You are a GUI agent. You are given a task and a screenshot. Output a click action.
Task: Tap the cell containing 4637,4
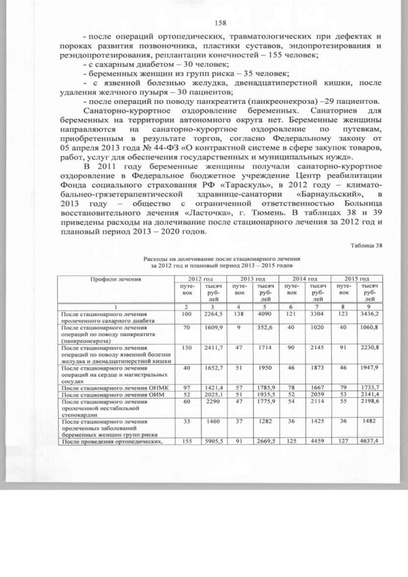(372, 441)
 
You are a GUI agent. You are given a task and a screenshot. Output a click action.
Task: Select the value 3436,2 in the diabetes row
(372, 314)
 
